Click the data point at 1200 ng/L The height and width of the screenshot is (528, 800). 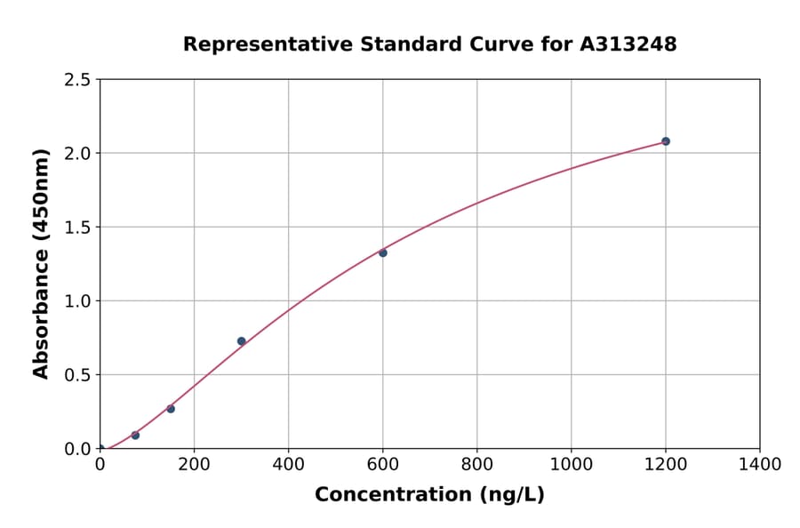tap(665, 141)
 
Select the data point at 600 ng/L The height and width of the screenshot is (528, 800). tap(383, 252)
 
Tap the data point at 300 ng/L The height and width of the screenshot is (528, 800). tap(241, 341)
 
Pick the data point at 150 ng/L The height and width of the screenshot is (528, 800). tap(171, 409)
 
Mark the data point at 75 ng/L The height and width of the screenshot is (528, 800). tap(135, 436)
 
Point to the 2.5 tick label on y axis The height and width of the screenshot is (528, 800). tap(78, 80)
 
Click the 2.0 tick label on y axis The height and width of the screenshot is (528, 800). tap(78, 154)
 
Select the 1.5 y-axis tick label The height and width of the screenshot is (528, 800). tap(78, 228)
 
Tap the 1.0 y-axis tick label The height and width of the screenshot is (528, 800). tap(78, 301)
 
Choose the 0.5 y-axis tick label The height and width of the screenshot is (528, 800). tap(78, 375)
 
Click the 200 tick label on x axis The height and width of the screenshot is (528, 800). tap(194, 464)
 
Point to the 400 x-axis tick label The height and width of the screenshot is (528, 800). tap(288, 464)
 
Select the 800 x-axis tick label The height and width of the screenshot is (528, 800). tap(476, 464)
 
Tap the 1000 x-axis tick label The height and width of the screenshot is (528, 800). tap(571, 464)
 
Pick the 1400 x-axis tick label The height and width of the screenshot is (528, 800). tap(759, 464)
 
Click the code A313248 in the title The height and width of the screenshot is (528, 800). tap(628, 44)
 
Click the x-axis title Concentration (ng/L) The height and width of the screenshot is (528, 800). tap(429, 494)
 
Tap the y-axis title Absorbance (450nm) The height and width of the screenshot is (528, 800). tap(41, 263)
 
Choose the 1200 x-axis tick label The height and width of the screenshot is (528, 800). tap(665, 464)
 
